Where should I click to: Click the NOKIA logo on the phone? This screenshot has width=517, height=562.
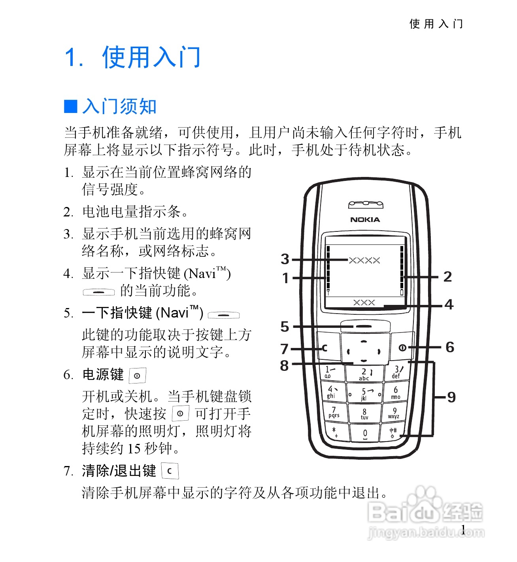tap(365, 220)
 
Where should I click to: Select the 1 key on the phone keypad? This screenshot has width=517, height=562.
tap(331, 372)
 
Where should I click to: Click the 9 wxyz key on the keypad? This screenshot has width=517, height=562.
tap(394, 413)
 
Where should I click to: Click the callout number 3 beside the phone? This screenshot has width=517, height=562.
tap(285, 259)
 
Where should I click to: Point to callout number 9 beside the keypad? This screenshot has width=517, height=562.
tap(451, 397)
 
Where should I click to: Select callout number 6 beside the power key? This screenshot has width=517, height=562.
tap(450, 348)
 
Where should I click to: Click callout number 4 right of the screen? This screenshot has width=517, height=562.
tap(449, 304)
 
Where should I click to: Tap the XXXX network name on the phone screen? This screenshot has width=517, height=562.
tap(364, 260)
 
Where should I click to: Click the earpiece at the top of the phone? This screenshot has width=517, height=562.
tap(366, 205)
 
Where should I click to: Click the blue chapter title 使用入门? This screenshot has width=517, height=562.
tap(151, 57)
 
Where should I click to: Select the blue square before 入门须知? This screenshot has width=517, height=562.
tap(71, 106)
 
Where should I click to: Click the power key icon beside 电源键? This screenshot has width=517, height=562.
tap(137, 376)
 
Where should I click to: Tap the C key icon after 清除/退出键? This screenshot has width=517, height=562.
tap(170, 471)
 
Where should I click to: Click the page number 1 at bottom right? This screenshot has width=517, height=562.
tap(463, 530)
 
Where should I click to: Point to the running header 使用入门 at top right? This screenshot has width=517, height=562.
tap(436, 24)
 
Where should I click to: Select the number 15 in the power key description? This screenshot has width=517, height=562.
tap(134, 449)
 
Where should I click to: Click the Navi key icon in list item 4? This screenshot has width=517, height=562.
tap(99, 292)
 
